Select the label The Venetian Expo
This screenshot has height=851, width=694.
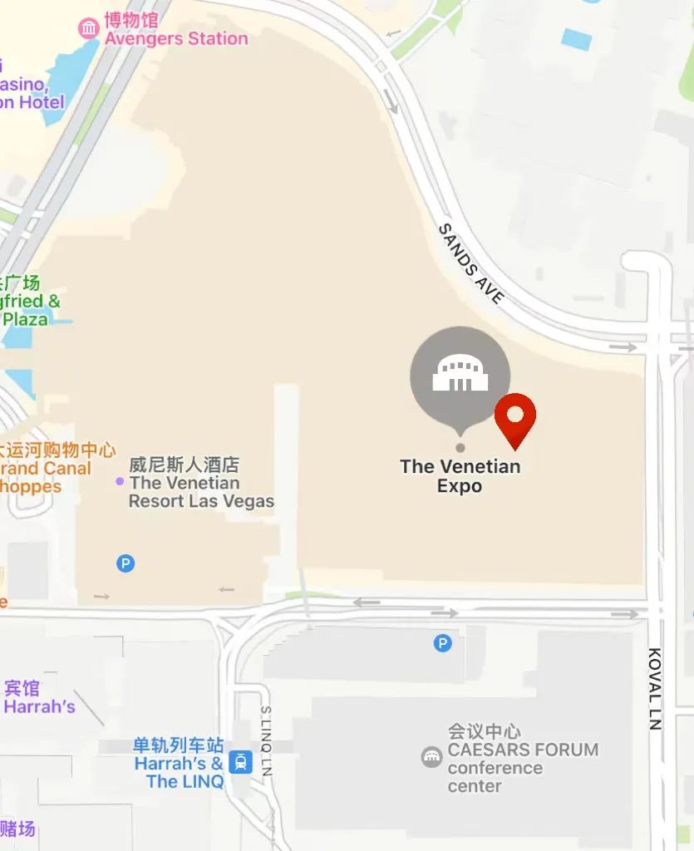[x=460, y=476]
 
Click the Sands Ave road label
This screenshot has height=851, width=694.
[x=471, y=263]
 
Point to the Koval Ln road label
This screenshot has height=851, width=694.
[x=656, y=688]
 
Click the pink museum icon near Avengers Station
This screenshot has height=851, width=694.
[x=88, y=29]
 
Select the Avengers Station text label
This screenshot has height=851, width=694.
[x=175, y=38]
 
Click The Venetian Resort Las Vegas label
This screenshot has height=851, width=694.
[x=201, y=483]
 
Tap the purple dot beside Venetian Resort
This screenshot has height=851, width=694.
[x=120, y=481]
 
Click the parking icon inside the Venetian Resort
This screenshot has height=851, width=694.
[x=125, y=563]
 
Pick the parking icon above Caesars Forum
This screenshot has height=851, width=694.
[x=443, y=642]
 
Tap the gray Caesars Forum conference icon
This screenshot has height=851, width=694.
[x=431, y=756]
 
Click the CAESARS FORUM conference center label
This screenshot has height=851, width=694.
[x=522, y=759]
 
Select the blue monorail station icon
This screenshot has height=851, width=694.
[x=241, y=761]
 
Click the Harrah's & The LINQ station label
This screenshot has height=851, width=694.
[x=179, y=764]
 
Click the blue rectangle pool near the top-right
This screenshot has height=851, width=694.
[x=577, y=39]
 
